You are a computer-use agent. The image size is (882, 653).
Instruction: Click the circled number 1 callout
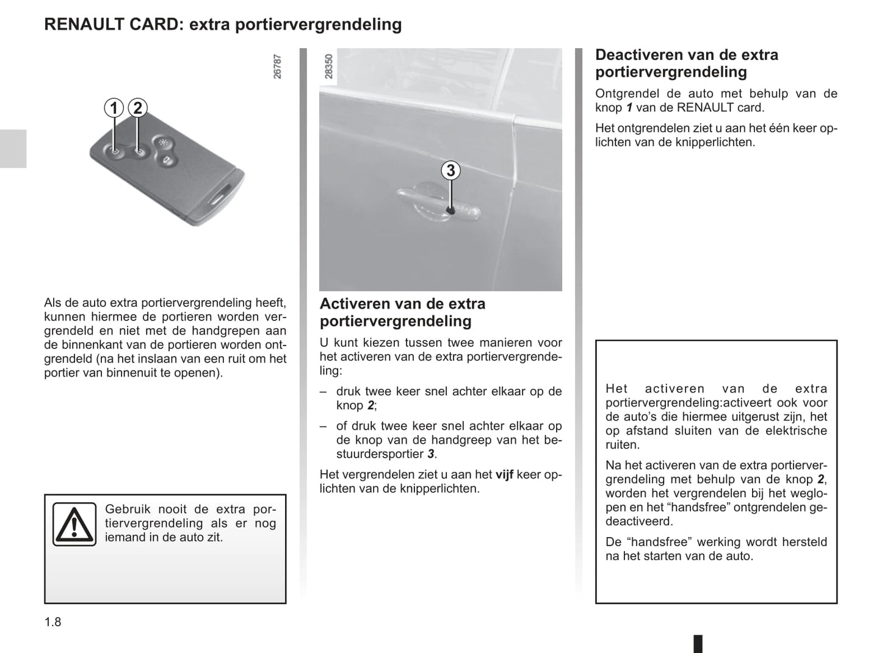114,109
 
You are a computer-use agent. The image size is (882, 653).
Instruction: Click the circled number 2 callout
137,109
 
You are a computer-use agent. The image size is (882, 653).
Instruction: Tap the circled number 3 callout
450,171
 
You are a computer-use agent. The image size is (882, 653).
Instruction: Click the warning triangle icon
74,524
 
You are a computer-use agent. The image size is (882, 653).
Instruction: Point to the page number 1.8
53,622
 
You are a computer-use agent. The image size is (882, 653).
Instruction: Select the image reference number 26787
278,67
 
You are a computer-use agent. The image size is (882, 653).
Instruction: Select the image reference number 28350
329,67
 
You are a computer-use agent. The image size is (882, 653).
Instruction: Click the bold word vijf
504,475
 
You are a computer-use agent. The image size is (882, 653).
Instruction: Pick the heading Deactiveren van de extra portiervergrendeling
686,63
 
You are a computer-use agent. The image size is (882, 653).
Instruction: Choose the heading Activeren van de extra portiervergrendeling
402,312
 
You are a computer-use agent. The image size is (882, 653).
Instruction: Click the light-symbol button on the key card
163,143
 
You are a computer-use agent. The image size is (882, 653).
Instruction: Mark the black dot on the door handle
450,211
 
